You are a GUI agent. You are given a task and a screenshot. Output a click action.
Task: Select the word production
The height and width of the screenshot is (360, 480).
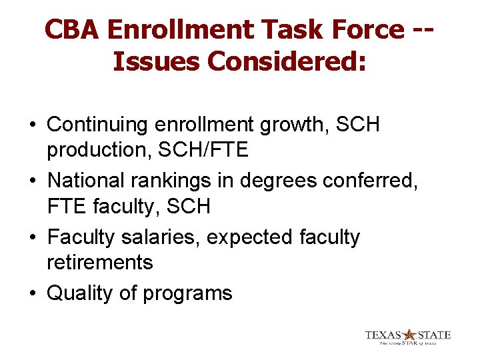[97, 151]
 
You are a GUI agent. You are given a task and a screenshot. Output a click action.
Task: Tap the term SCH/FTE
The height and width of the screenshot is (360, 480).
[202, 150]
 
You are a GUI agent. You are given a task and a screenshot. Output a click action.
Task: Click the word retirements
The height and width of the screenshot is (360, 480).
[99, 263]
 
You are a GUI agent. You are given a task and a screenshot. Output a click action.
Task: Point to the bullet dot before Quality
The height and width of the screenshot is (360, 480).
[32, 294]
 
